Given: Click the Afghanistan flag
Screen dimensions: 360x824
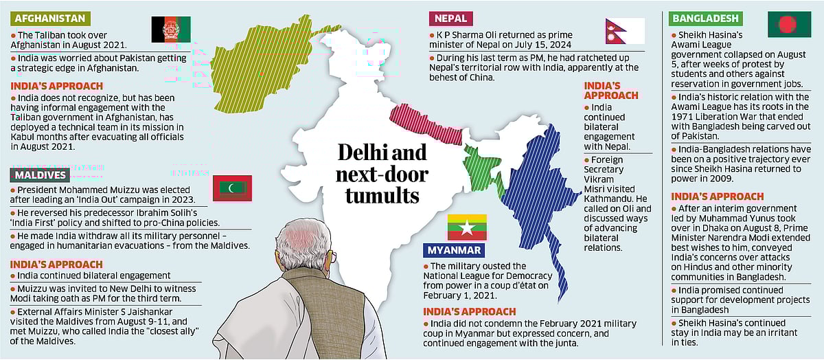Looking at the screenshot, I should [171, 30].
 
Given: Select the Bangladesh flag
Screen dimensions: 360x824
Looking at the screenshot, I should [783, 25].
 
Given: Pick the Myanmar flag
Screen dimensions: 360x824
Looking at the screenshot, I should [467, 227].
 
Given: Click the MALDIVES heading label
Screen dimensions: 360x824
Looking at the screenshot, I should [38, 175].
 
